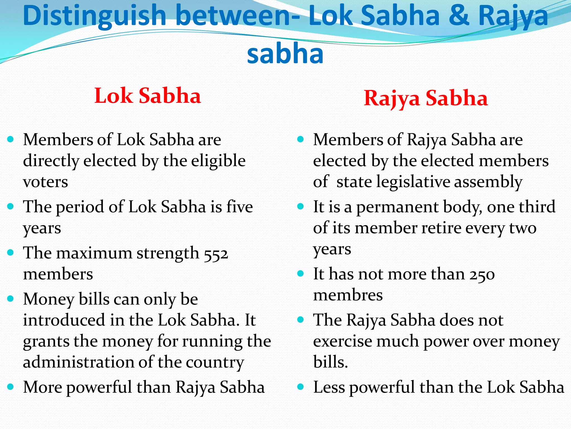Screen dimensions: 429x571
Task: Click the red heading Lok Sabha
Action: tap(147, 96)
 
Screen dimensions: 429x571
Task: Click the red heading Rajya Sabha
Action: tap(426, 98)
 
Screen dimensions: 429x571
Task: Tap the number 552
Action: tap(216, 253)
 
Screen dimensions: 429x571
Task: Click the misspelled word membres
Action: tap(348, 295)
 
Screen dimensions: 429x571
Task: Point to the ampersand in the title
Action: tap(459, 16)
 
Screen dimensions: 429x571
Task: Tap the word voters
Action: tap(45, 182)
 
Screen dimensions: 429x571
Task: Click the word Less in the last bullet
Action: tap(329, 387)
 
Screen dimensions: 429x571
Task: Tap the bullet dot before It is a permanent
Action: tap(300, 207)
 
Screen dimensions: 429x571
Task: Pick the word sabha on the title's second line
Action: tap(285, 53)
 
